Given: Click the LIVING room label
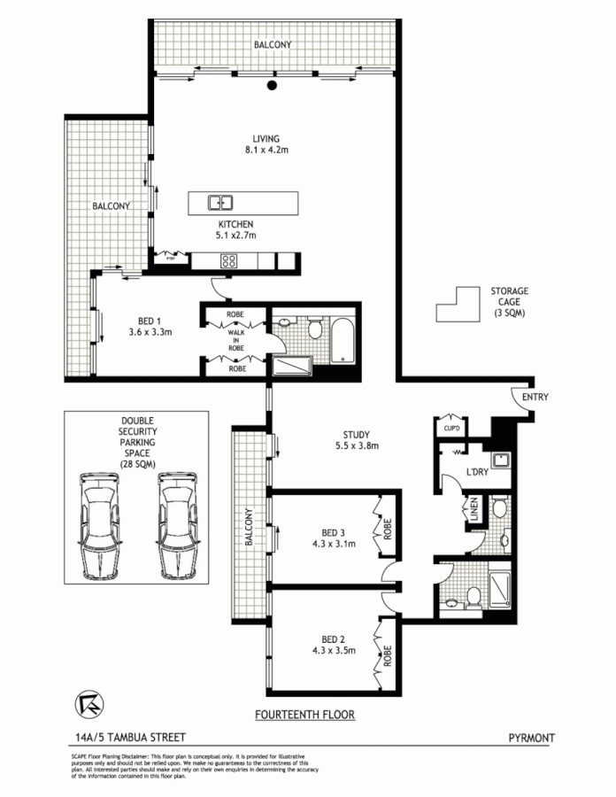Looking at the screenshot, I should tap(266, 138).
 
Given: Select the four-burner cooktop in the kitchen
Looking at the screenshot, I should tap(228, 261).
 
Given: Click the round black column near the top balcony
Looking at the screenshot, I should tap(273, 86).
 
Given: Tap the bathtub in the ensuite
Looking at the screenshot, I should tap(343, 340).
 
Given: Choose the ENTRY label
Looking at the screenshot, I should tap(535, 398).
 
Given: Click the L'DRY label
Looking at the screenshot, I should tap(478, 472).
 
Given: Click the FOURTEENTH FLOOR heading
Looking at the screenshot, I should tap(304, 714).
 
